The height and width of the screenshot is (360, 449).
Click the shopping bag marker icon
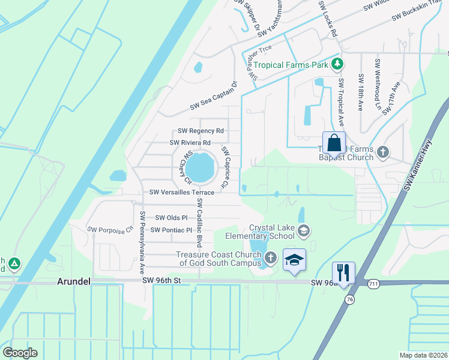pos(334,144)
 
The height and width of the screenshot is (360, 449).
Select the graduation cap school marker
pos(294,259)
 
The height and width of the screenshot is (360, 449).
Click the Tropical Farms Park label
pos(292,65)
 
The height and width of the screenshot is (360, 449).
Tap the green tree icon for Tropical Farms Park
pos(338,64)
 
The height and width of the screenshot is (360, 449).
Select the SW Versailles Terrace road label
pos(181,193)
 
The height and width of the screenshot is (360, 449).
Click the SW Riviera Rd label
pos(190,143)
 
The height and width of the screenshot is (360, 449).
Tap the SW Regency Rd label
pos(201,131)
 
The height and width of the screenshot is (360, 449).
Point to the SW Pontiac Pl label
pos(171,230)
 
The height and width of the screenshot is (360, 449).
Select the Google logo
pos(20,353)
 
